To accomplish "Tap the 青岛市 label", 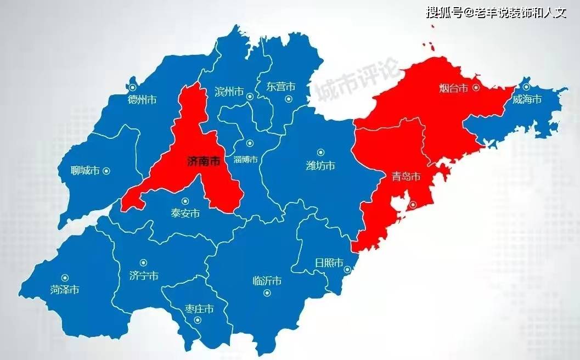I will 406,177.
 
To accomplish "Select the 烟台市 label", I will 454,88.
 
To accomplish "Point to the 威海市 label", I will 527,99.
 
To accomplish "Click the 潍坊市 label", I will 320,166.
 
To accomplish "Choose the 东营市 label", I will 280,87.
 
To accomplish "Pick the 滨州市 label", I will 229,92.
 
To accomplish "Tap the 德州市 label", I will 142,100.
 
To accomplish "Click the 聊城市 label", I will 85,171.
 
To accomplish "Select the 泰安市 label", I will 185,214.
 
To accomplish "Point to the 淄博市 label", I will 245,160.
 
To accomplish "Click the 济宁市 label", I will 144,275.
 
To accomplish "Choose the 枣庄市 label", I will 199,310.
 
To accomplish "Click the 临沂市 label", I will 267,281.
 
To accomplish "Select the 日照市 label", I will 329,262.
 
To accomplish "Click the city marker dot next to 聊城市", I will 106,171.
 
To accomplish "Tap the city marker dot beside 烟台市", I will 476,87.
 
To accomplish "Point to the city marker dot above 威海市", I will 526,87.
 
